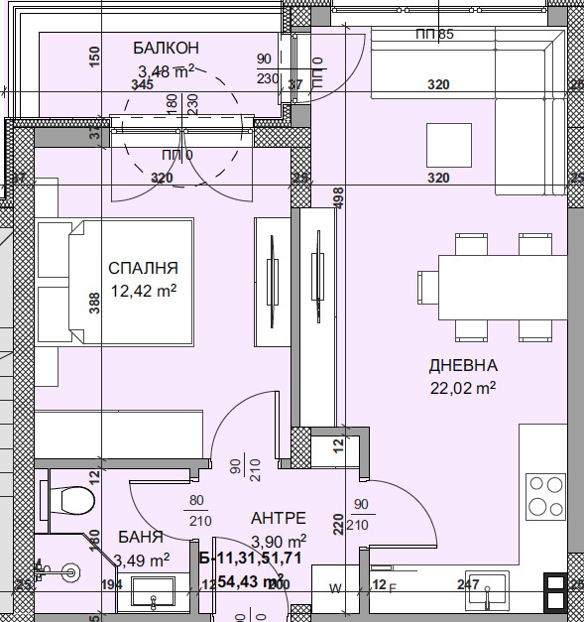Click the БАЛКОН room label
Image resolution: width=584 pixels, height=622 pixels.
coord(167,48)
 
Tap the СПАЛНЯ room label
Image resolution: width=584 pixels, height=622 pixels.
coord(143,268)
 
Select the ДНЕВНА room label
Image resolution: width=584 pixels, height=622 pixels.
coord(463,365)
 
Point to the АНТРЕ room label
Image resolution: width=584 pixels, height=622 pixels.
coord(278,518)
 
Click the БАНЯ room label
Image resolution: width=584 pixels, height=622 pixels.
coord(139,538)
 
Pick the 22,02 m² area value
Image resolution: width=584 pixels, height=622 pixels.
coord(463,388)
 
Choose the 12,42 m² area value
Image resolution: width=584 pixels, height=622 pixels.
coord(143,291)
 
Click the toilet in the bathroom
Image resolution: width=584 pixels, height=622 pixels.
coord(70,495)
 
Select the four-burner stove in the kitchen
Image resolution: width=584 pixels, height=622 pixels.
coord(546,495)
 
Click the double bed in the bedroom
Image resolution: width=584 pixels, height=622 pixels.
coord(114,283)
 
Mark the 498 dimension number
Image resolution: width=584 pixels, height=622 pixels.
coord(338,198)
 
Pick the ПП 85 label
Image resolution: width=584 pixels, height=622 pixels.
coord(434,35)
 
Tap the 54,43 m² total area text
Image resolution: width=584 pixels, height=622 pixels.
coord(251,580)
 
